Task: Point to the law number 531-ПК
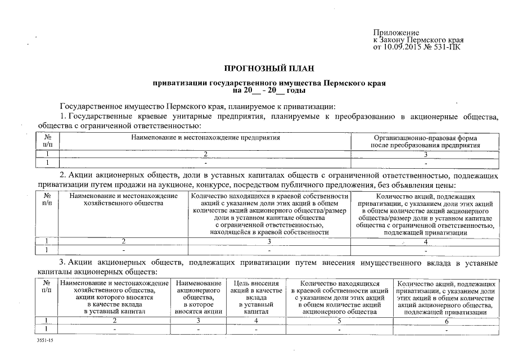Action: tap(448, 47)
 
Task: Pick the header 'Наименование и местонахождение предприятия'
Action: tap(205, 137)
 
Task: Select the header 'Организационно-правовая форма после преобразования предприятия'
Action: tap(425, 141)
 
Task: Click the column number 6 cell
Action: tap(447, 321)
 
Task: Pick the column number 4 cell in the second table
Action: tap(425, 241)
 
